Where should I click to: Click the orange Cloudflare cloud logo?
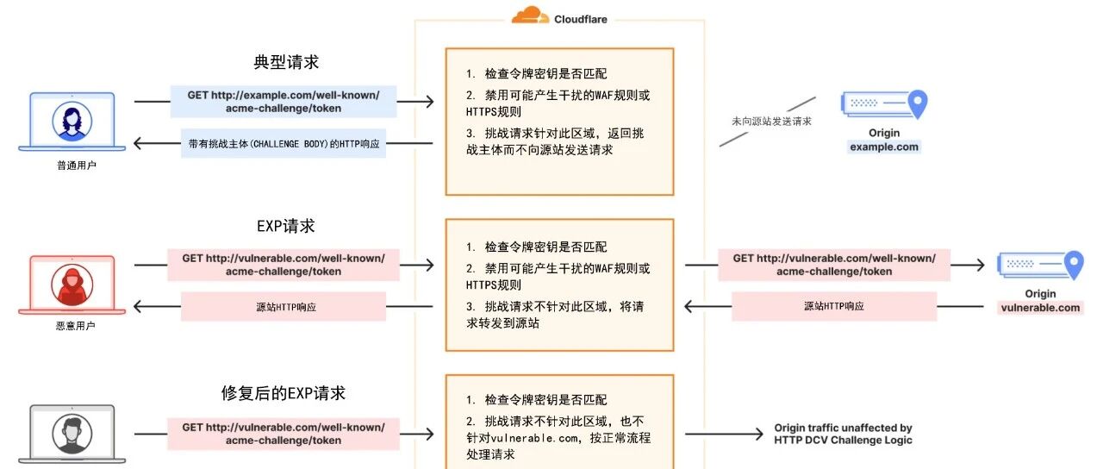530,16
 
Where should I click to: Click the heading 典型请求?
286,62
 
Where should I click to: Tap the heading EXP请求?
285,226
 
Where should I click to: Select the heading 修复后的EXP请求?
284,393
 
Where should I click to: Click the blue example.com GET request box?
284,102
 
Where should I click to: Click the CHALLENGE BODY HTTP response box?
284,143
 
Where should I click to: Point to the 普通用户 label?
77,166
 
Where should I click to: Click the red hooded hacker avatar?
72,285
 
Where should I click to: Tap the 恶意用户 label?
75,326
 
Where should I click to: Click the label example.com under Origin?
884,147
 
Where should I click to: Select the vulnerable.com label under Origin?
1040,308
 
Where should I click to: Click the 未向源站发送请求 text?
771,122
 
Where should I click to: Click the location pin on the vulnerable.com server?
1074,265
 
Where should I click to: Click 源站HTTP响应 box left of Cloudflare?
284,306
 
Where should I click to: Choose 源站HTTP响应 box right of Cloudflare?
834,306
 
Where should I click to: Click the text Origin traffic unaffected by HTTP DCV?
843,434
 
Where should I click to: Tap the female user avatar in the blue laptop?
72,122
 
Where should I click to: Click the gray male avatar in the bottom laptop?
72,434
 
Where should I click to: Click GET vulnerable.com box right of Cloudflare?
834,265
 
